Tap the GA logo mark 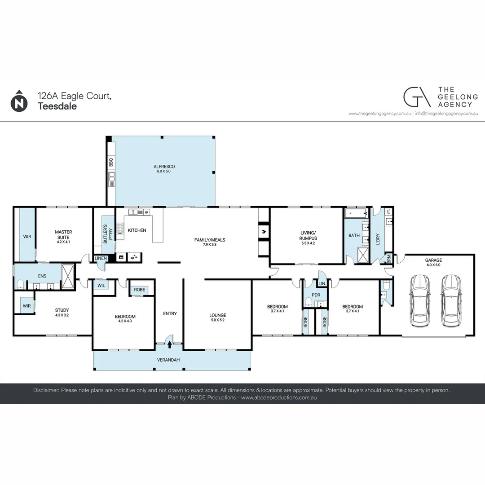pos(416,97)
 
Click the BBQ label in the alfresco pos(110,162)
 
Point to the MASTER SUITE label pos(63,234)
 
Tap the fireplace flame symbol pos(264,232)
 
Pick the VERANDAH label pos(168,360)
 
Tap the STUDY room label pos(62,309)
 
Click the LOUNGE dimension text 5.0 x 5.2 pos(218,320)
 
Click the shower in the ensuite pos(68,276)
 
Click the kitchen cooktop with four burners pos(120,228)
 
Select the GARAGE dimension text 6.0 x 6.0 pos(434,265)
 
